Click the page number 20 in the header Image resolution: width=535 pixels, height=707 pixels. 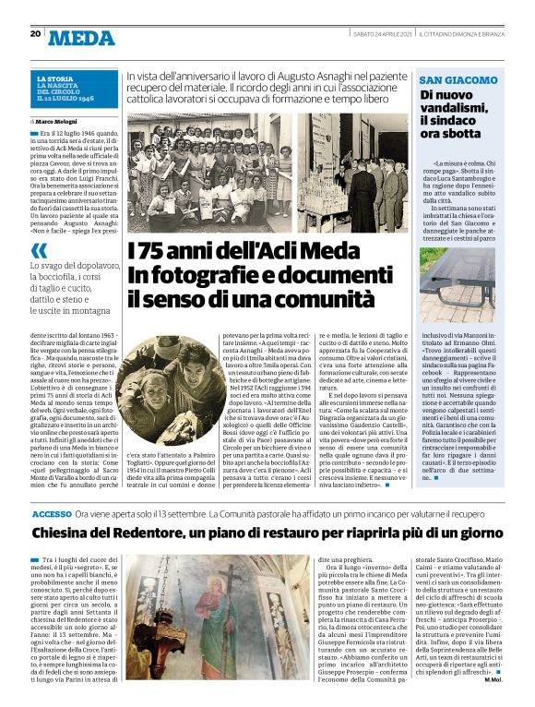[x=35, y=34]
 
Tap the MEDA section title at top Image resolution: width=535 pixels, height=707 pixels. [x=81, y=38]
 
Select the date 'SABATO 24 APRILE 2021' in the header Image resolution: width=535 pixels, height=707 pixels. [x=382, y=34]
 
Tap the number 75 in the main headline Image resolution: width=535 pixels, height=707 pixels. [x=150, y=251]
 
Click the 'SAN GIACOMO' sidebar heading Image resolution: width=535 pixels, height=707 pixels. [x=451, y=80]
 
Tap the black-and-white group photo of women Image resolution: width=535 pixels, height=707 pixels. [x=215, y=172]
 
